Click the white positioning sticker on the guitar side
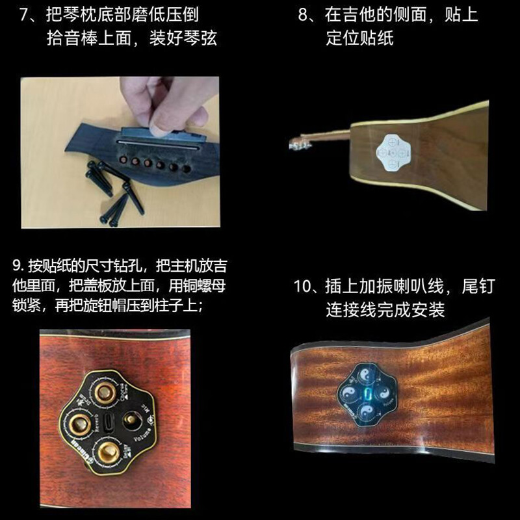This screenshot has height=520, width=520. (x=391, y=151)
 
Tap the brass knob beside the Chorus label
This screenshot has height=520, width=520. (x=103, y=393)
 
